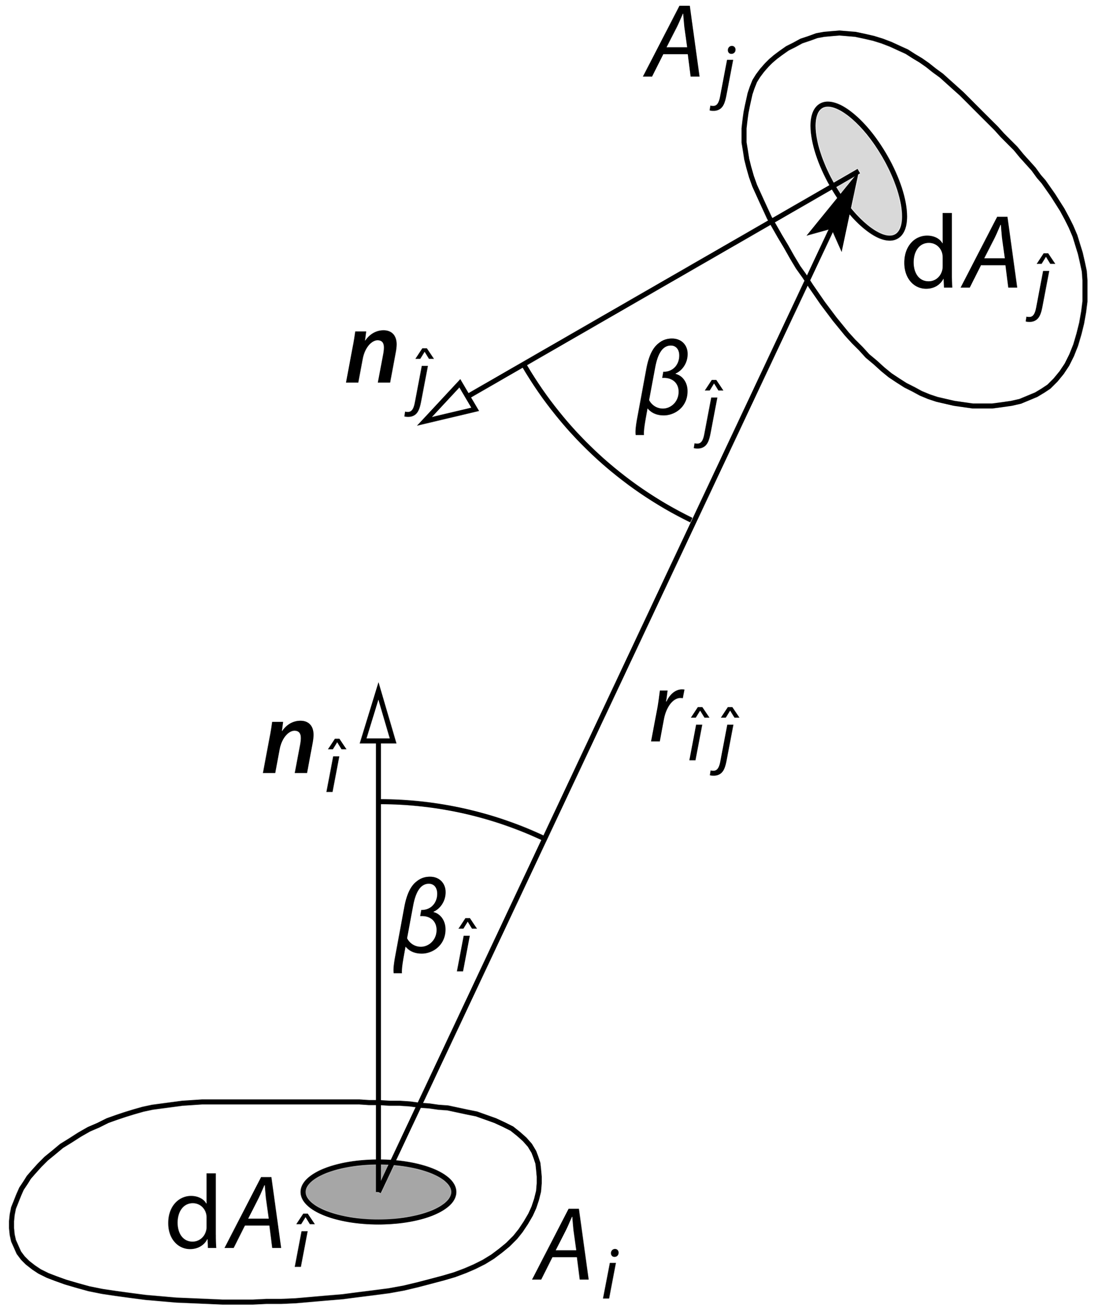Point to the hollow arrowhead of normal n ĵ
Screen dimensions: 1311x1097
click(x=451, y=404)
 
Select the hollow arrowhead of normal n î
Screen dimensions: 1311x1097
click(x=378, y=715)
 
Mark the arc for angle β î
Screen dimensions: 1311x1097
click(x=462, y=812)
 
